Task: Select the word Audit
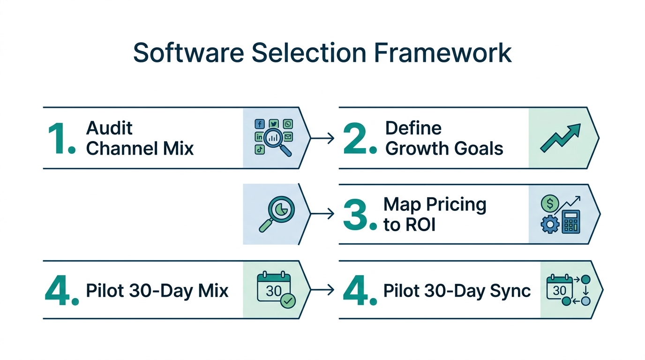pos(110,128)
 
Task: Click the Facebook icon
pos(259,124)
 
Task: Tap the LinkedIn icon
pos(259,137)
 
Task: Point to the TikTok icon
pos(259,150)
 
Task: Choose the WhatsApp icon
pos(287,124)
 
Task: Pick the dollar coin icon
pos(549,203)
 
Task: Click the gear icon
pos(550,225)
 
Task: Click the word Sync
pos(510,291)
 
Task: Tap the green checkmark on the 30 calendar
pos(287,301)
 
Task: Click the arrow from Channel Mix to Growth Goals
pos(322,138)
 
